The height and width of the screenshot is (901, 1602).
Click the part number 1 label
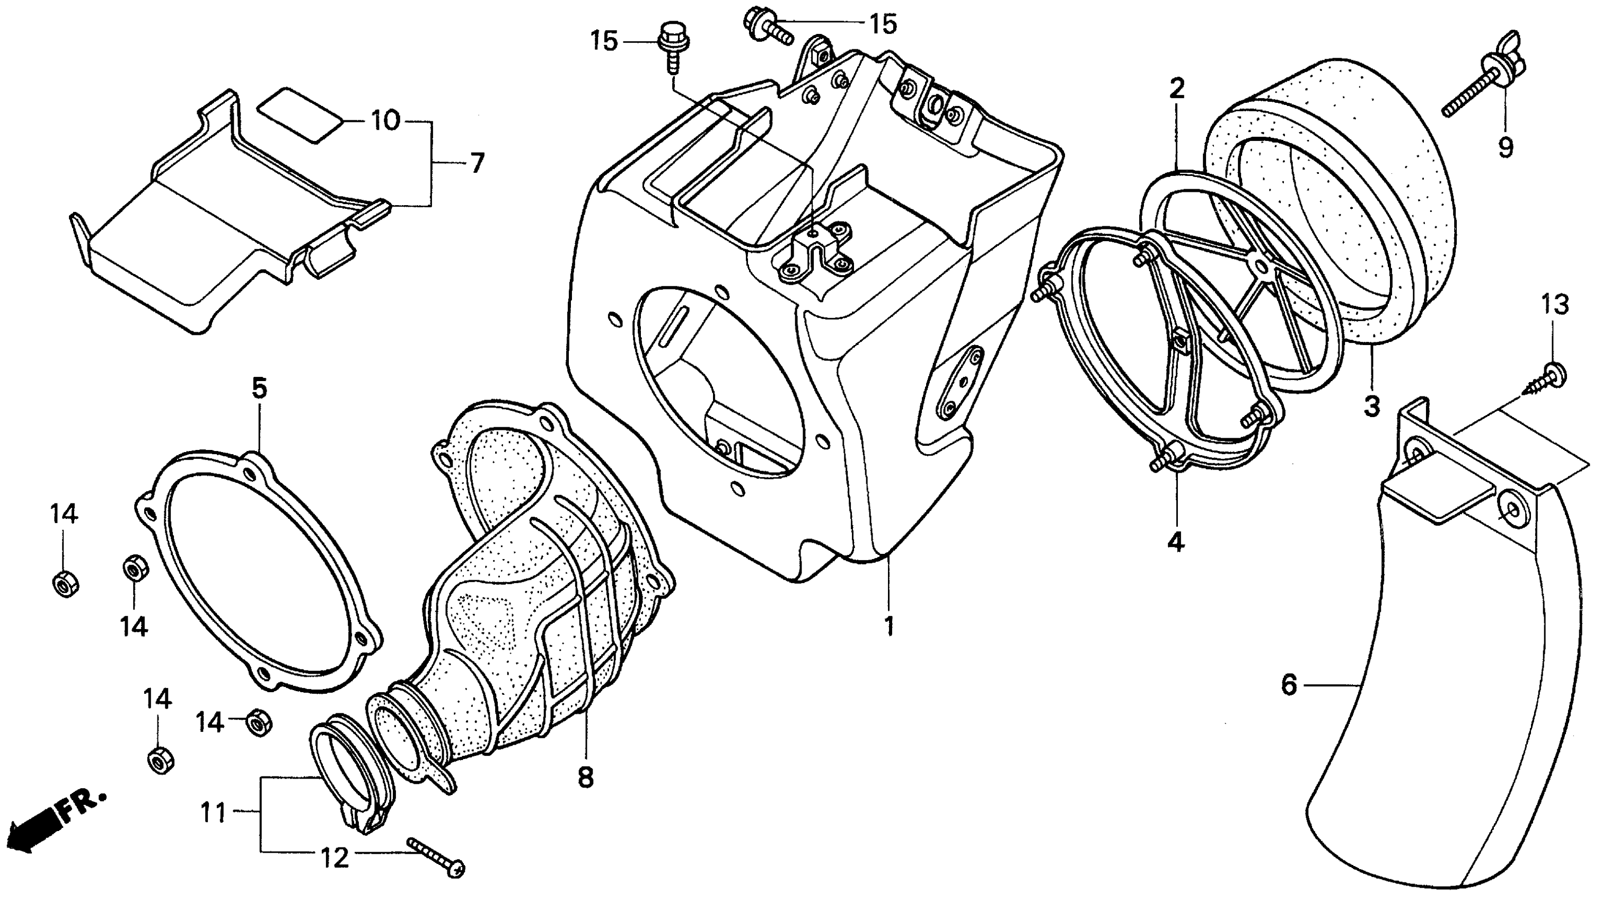[890, 626]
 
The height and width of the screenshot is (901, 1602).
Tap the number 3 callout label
[1372, 407]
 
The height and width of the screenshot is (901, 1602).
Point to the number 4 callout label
[1175, 543]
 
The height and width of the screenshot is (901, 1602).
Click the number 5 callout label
[259, 388]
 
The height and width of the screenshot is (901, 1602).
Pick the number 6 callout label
[1289, 685]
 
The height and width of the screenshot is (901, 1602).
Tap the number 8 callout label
[586, 778]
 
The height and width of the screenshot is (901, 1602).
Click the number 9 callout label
[1505, 147]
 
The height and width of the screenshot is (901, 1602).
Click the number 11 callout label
[213, 812]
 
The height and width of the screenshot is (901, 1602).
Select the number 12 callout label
[335, 859]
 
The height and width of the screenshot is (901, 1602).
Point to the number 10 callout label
[385, 121]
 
